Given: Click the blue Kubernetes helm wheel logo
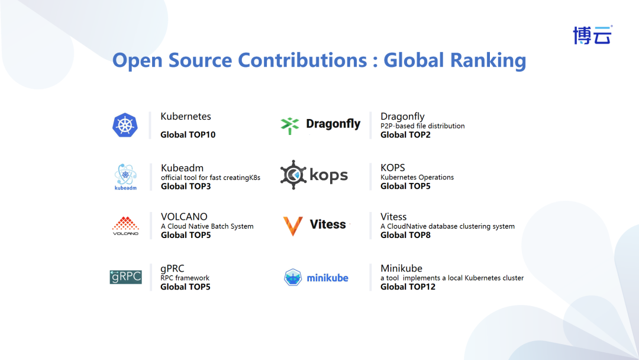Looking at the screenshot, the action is [125, 125].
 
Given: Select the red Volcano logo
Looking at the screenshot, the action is [125, 226].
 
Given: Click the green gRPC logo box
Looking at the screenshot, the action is [125, 277].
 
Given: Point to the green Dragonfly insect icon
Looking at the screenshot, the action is [290, 126].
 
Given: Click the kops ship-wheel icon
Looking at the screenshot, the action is [293, 175].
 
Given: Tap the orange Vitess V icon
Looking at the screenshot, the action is [293, 226].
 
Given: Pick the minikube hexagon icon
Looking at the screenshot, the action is [293, 277].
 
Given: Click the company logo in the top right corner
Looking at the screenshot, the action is [592, 35].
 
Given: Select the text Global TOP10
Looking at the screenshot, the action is [188, 134].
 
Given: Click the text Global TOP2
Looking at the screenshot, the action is [405, 134].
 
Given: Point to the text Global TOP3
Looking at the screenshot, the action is [186, 187].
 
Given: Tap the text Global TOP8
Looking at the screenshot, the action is [405, 235].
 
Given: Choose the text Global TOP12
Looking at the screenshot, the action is [408, 287].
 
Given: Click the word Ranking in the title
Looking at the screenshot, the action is [488, 60].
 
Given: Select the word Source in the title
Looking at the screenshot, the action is [200, 60].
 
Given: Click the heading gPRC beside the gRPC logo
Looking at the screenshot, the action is [172, 269].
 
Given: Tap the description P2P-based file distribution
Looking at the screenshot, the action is [422, 126].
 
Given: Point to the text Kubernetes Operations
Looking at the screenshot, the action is [417, 178].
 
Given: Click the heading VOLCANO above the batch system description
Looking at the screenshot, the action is [184, 217].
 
